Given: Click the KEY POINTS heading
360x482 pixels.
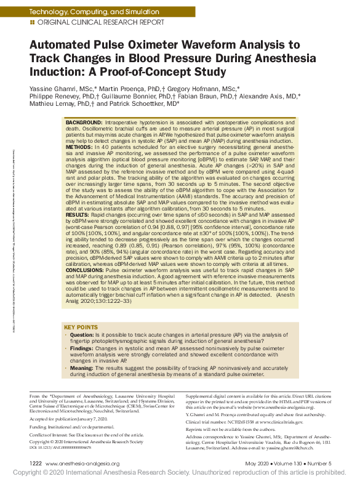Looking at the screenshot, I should pos(80,327).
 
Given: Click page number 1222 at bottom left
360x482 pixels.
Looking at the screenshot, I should pos(35,464).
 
